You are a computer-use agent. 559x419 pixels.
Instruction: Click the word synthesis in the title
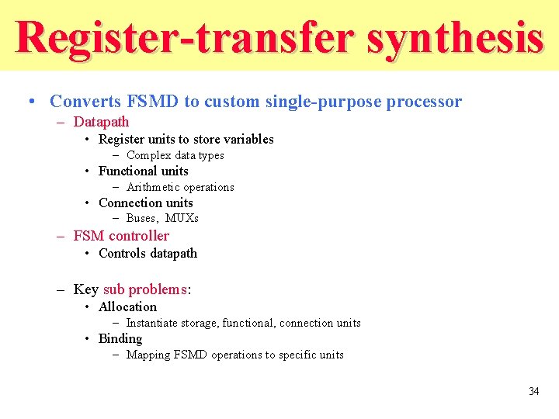click(454, 37)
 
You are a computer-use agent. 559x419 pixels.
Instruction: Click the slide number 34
click(533, 391)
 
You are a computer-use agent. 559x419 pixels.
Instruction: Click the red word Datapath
click(101, 122)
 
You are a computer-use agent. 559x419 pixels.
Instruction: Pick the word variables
click(248, 140)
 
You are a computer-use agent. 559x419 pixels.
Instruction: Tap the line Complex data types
click(175, 155)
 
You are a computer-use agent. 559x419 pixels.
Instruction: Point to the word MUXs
click(182, 219)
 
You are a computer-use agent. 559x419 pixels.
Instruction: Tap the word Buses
click(143, 219)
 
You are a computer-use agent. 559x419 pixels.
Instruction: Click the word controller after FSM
click(139, 236)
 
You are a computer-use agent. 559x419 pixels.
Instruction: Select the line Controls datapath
click(148, 254)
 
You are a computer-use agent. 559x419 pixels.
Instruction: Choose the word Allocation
click(127, 307)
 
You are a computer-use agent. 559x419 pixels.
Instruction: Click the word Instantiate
click(151, 323)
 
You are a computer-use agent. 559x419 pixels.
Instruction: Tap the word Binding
click(120, 339)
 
